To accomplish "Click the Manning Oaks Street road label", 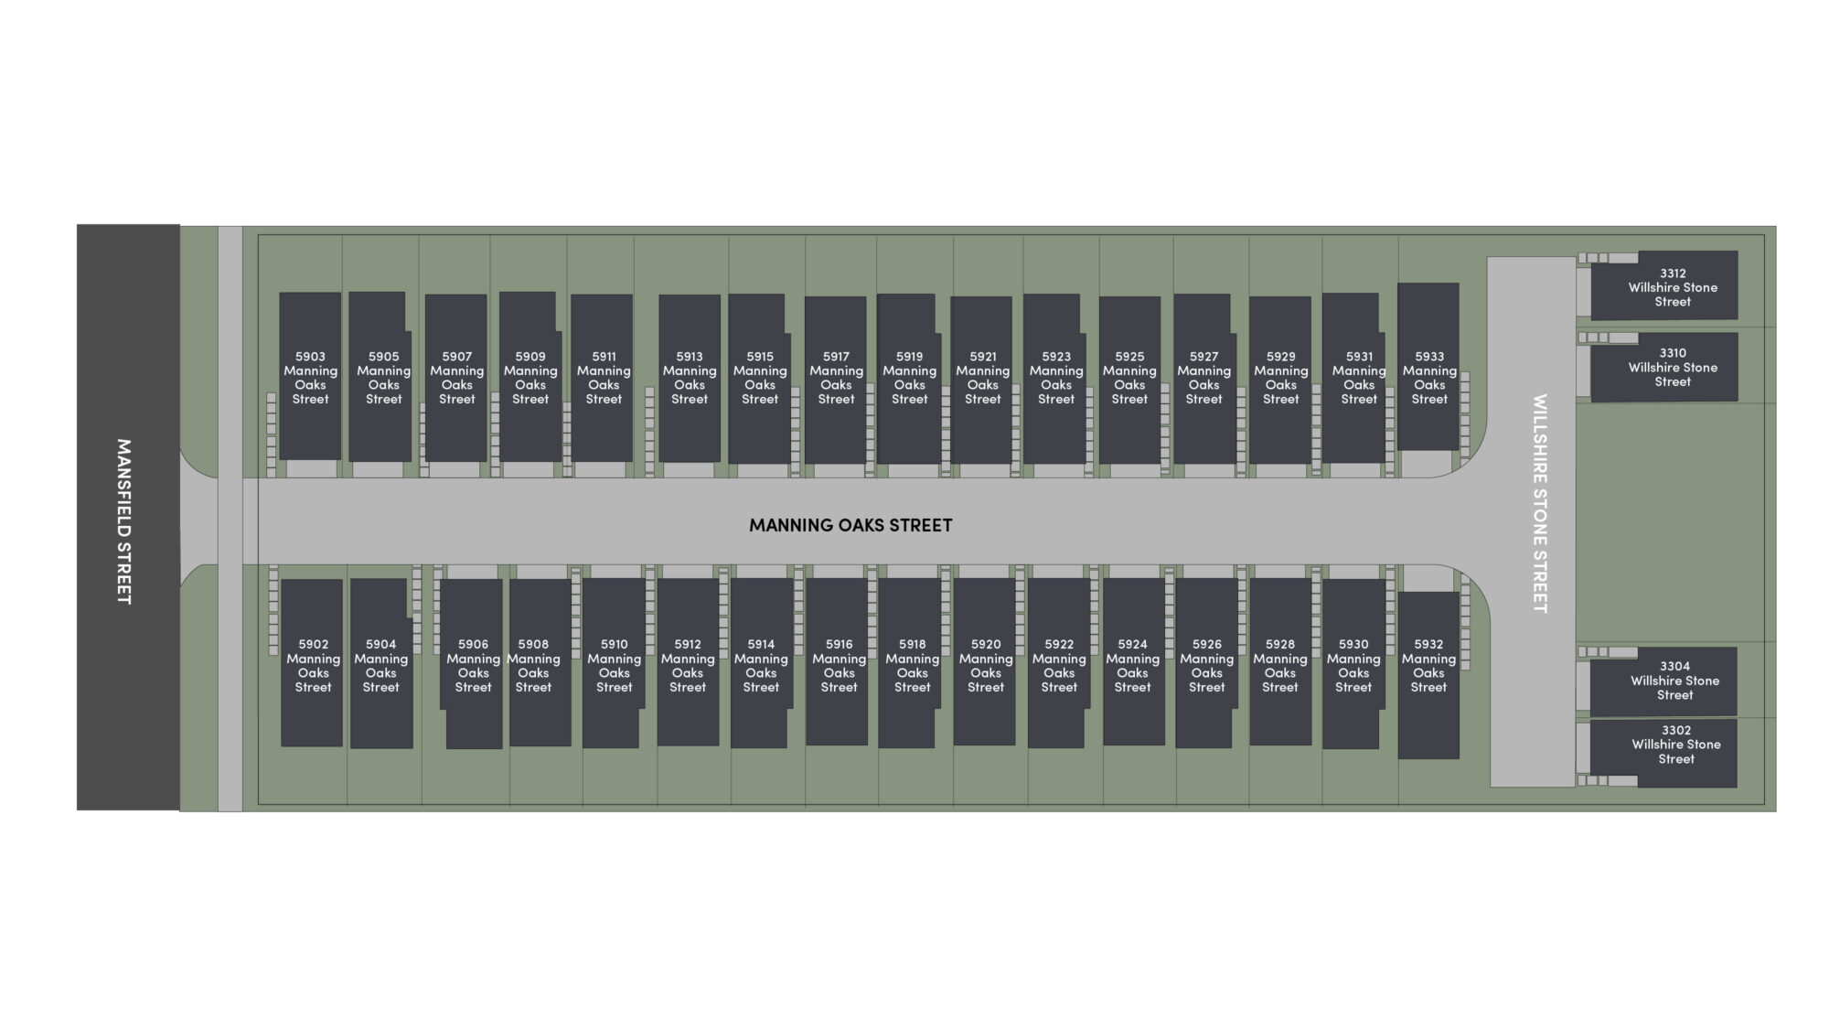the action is coord(850,525).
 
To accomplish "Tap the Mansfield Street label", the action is coord(124,521).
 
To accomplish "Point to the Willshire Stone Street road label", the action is coord(1540,503).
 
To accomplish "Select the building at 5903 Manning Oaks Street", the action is coord(310,376).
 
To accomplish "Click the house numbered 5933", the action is coord(1428,366).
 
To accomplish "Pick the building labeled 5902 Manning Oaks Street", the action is coord(312,663).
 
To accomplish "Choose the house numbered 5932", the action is coord(1428,675).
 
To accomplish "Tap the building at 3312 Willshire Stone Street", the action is coord(1664,285).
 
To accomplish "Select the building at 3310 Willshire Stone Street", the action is coord(1664,367).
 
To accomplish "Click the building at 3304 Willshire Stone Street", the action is coord(1663,681).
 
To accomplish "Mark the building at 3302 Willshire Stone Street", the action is coord(1663,754).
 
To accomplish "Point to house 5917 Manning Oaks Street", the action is coord(836,380).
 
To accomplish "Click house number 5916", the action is coord(838,661).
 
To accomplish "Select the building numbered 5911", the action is coord(602,378).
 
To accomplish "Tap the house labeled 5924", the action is coord(1134,661).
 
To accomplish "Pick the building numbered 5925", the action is coord(1129,380).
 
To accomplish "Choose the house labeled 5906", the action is coord(471,664).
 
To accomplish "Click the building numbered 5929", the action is coord(1280,380).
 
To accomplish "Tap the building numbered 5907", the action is coord(455,378).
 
